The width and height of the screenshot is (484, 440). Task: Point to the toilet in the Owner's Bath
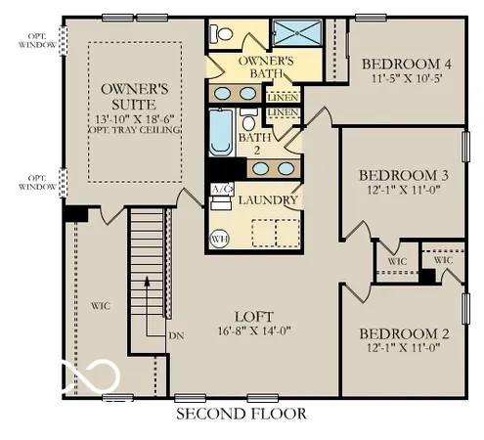pos(222,34)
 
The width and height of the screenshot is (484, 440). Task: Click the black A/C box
pos(221,189)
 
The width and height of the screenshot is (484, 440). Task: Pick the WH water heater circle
pos(220,236)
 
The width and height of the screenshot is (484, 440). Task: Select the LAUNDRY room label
pos(267,200)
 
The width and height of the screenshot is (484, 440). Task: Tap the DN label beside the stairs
pos(177,335)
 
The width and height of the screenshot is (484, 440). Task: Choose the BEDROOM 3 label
pos(404,175)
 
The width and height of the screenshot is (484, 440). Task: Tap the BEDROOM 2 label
pos(404,332)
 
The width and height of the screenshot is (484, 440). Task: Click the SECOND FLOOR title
pos(241,414)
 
